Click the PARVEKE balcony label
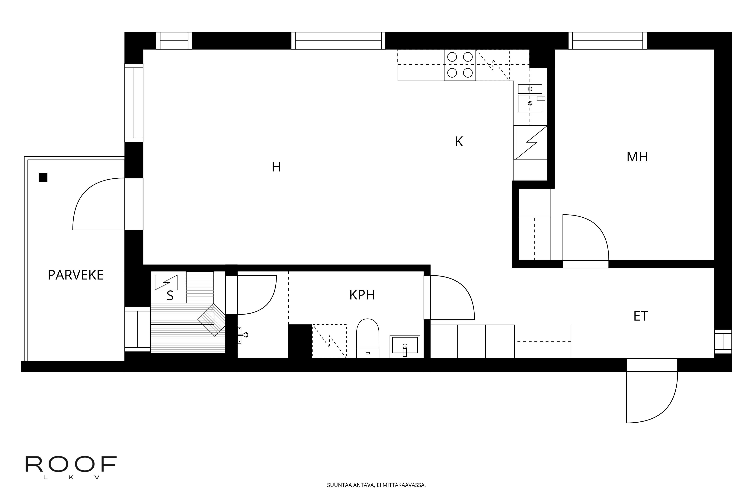pyautogui.click(x=75, y=275)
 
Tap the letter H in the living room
pyautogui.click(x=276, y=167)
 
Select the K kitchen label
pyautogui.click(x=459, y=142)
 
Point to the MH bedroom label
pyautogui.click(x=637, y=157)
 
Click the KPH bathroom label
pyautogui.click(x=362, y=295)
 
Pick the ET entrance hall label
pyautogui.click(x=641, y=316)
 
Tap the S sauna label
pyautogui.click(x=170, y=296)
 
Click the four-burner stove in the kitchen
pyautogui.click(x=460, y=65)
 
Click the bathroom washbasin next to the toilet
pyautogui.click(x=405, y=346)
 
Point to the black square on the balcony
pyautogui.click(x=43, y=177)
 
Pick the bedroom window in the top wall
pyautogui.click(x=607, y=41)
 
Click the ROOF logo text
pyautogui.click(x=71, y=464)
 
